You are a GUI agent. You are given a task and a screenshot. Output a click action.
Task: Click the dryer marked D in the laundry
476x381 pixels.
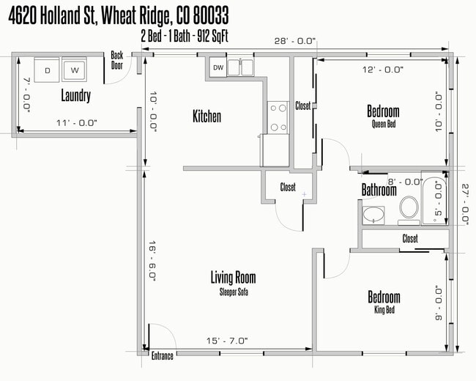click(x=48, y=70)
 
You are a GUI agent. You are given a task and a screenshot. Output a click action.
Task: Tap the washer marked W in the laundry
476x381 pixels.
click(x=74, y=70)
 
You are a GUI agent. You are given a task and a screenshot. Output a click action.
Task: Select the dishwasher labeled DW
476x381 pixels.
click(x=217, y=68)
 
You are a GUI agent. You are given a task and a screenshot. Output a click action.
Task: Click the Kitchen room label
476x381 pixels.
click(x=207, y=116)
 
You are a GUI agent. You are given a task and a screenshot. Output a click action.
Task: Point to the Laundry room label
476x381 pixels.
click(x=76, y=96)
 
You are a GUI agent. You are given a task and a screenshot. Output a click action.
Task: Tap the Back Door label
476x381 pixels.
click(x=117, y=59)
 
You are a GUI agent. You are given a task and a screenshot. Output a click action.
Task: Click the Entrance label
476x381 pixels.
click(x=162, y=356)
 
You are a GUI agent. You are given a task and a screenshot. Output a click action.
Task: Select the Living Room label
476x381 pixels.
click(x=233, y=278)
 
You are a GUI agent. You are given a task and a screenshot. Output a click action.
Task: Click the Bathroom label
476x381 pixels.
click(x=379, y=190)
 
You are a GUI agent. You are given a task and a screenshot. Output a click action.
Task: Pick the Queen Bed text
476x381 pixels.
click(x=383, y=125)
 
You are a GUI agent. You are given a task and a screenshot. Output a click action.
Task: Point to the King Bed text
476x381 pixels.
click(x=384, y=310)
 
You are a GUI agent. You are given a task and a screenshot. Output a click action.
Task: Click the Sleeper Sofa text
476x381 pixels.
click(x=233, y=291)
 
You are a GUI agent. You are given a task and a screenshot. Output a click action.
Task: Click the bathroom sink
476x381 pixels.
click(x=373, y=215)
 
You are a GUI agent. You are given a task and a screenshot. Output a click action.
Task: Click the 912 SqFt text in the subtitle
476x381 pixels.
click(x=210, y=34)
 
